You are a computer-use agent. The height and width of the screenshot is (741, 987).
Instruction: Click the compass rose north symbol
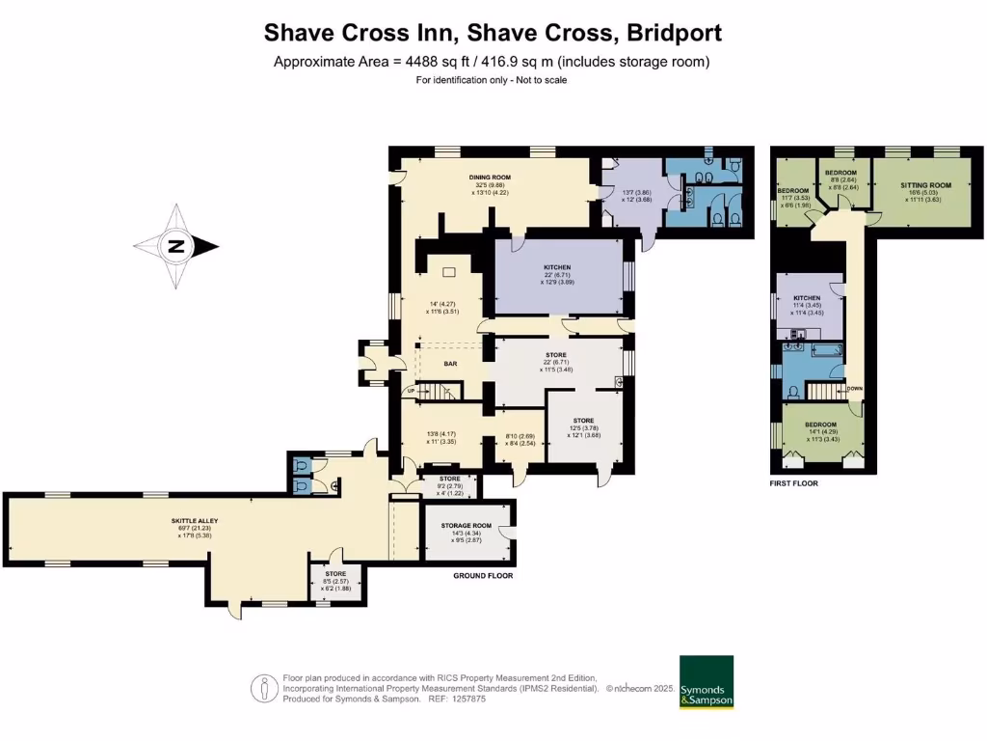click(x=175, y=247)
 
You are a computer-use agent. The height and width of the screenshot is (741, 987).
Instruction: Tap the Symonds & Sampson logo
click(x=706, y=684)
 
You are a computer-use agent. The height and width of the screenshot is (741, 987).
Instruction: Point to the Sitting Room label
click(x=925, y=185)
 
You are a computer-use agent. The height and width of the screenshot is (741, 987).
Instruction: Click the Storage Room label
click(x=467, y=526)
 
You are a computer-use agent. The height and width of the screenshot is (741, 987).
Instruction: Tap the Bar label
click(x=450, y=364)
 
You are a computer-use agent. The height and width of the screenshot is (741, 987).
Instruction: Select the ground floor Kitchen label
click(x=557, y=267)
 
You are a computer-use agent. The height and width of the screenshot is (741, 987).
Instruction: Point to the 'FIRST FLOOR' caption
click(x=793, y=483)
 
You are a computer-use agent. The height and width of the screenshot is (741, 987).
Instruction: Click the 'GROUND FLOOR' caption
click(x=483, y=575)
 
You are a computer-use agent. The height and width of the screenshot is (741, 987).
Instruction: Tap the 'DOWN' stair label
click(x=854, y=388)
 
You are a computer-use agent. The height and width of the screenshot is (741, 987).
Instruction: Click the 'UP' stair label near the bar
click(x=411, y=390)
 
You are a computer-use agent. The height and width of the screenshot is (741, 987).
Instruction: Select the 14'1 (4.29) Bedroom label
click(x=821, y=425)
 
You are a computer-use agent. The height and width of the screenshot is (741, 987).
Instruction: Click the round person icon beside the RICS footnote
click(x=264, y=688)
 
